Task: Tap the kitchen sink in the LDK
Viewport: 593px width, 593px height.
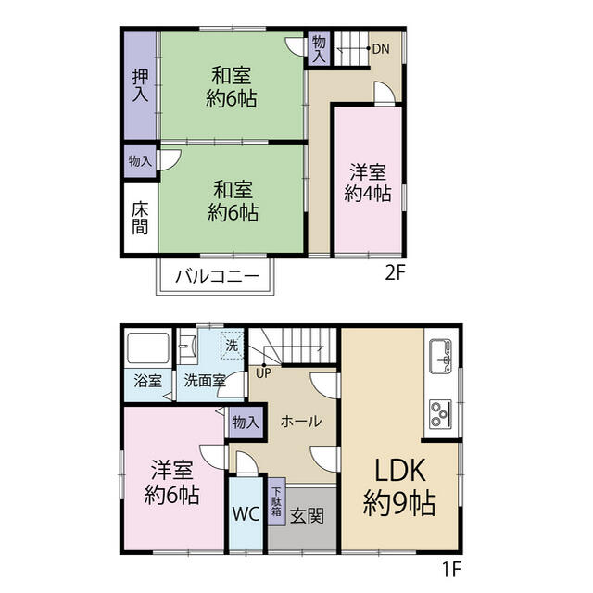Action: tap(441, 356)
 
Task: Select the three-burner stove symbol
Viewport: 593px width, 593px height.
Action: tap(441, 414)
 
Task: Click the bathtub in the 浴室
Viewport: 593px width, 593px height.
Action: tap(148, 348)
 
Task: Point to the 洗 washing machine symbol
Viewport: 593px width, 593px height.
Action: tap(233, 346)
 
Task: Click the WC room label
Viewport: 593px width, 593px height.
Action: tap(246, 514)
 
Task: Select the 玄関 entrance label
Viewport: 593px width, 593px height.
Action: tap(307, 515)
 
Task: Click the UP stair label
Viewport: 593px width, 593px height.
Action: tap(263, 373)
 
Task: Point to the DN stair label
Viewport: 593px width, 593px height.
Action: tap(381, 49)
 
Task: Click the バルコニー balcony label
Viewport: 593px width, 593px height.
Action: tap(218, 276)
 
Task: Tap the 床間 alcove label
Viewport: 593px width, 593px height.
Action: tap(140, 219)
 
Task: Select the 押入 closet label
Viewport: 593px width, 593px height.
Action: tap(140, 85)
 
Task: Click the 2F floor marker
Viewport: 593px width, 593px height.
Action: tap(396, 272)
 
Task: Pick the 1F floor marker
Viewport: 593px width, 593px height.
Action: tap(451, 568)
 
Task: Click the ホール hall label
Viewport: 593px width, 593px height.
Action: tap(301, 422)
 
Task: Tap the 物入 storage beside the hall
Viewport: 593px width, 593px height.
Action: tap(246, 423)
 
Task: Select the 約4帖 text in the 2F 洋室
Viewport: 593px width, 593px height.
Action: tap(368, 194)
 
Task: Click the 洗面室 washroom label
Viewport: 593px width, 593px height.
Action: tap(205, 381)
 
